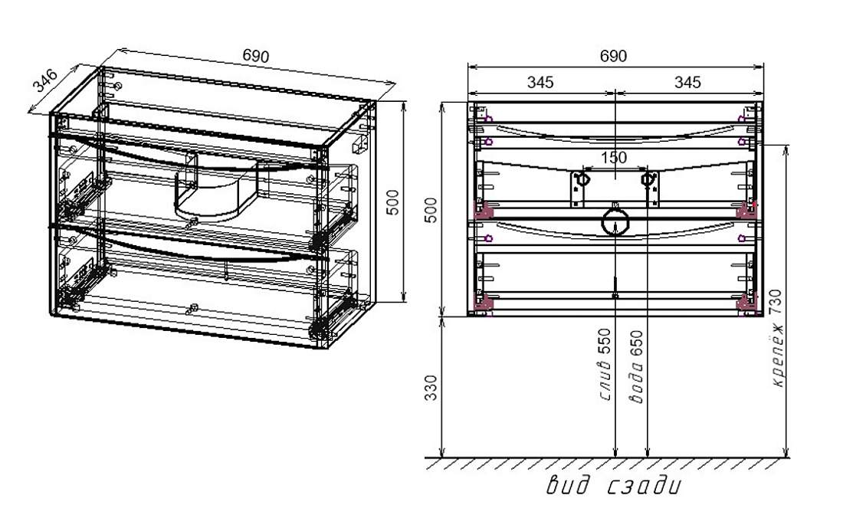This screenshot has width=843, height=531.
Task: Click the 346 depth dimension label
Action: coord(44,80)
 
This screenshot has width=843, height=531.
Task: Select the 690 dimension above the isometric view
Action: coord(255,56)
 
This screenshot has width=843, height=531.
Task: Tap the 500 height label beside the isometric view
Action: coord(393,202)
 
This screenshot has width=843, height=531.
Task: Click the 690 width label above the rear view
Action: coord(613,56)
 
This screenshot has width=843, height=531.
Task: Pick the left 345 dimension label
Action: coord(540,82)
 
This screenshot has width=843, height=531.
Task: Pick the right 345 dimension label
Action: coord(687,82)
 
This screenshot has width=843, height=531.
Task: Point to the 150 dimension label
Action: coord(613,158)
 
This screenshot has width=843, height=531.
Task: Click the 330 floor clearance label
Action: coord(431,388)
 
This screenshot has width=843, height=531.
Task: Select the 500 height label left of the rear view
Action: coord(431,210)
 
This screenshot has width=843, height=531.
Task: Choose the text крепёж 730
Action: coord(776,337)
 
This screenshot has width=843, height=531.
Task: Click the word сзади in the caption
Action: coord(645,487)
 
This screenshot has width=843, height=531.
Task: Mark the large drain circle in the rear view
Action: coord(615,222)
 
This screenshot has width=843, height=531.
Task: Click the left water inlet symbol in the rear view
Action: coord(581,179)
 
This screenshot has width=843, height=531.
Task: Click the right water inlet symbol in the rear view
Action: coord(649,179)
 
